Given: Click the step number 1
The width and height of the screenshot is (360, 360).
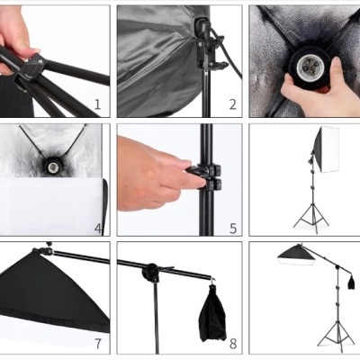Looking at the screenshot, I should click(97, 105).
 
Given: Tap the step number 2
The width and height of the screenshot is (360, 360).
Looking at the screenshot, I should click(232, 105).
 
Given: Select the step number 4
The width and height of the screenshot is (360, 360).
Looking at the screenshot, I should click(97, 228).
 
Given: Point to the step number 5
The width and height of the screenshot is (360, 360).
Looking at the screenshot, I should click(232, 228).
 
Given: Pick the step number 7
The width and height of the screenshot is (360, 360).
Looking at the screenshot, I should click(97, 344).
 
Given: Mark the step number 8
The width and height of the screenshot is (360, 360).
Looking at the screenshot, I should click(232, 344).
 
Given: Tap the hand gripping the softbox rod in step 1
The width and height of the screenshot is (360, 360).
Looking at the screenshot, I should click(18, 36).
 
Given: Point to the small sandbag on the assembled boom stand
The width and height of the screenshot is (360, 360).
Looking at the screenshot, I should click(350, 283).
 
